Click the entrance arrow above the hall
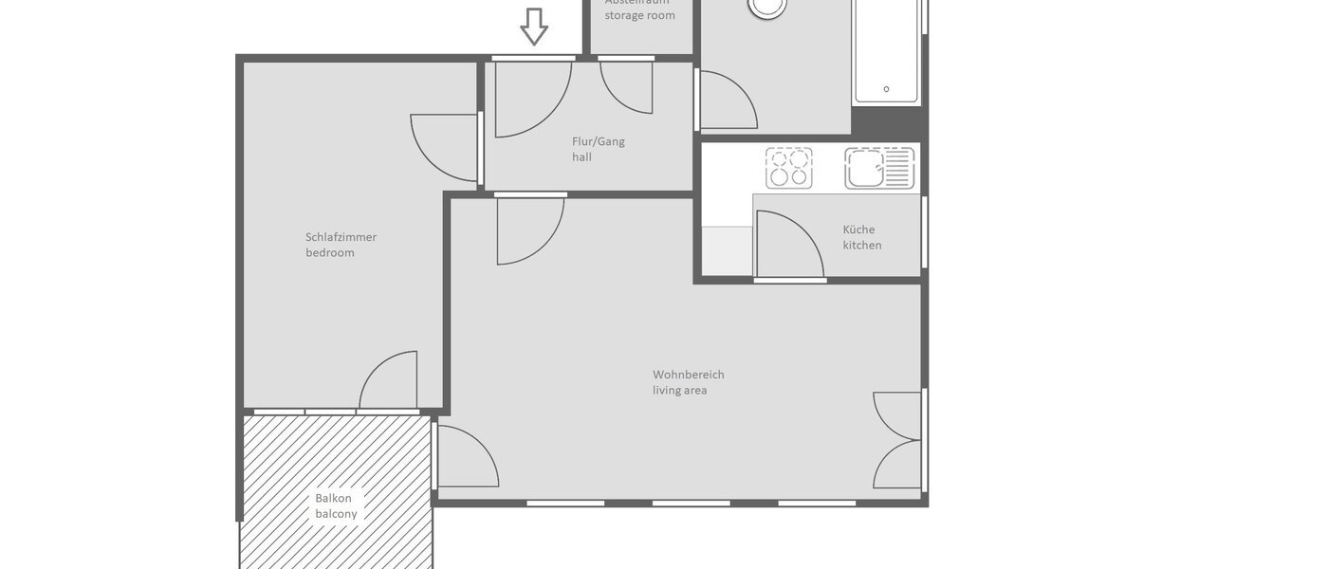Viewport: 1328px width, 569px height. tap(534, 27)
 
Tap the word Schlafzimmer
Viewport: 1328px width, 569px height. tap(341, 237)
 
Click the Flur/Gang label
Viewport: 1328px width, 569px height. tap(598, 142)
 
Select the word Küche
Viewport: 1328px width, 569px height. tap(858, 229)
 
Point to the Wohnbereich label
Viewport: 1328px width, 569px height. tap(688, 375)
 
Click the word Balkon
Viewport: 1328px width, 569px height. tap(333, 498)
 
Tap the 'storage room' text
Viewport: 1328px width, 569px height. tap(639, 16)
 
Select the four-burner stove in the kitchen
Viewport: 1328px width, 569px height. tap(789, 168)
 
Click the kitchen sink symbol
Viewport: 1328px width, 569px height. tap(879, 168)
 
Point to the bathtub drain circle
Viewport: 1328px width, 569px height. tap(886, 89)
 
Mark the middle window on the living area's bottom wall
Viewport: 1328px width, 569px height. tap(691, 503)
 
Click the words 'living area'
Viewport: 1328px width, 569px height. tap(679, 391)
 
